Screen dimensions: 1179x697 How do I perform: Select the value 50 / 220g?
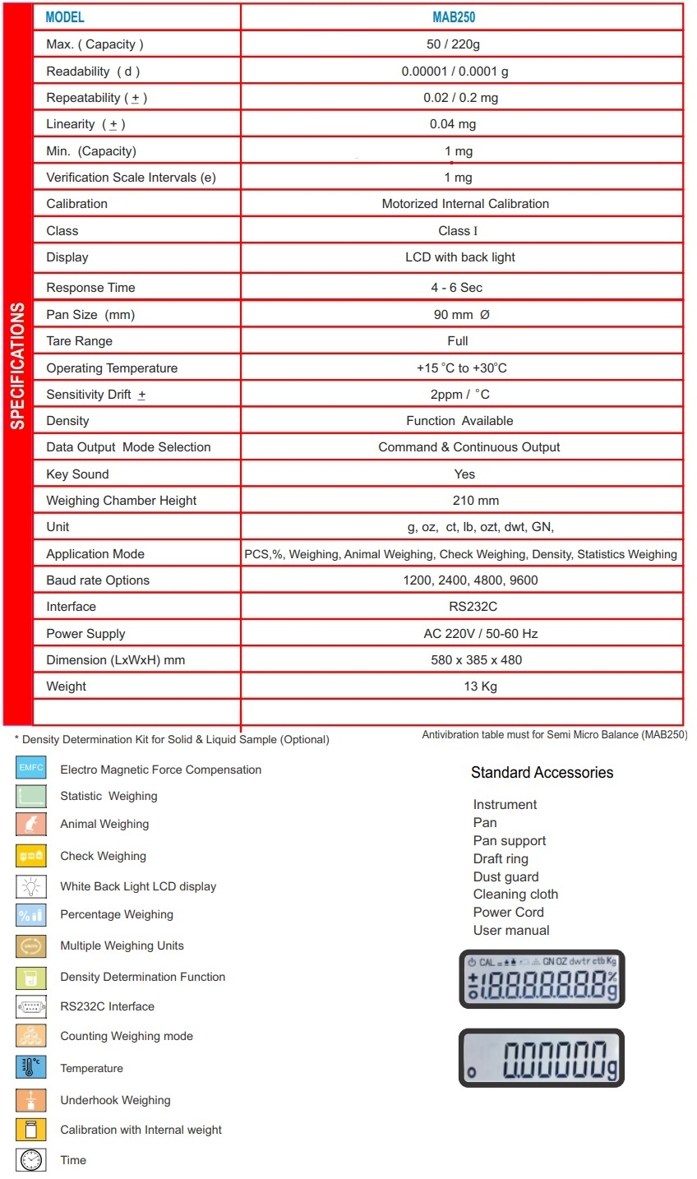pos(453,44)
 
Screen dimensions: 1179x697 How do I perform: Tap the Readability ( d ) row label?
pos(93,72)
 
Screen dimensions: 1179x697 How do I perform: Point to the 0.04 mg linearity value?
pos(453,124)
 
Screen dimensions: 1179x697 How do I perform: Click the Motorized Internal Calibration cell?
pos(465,204)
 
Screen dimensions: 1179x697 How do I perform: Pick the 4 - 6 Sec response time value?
pos(456,288)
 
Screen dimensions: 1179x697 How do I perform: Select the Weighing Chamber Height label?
pos(122,501)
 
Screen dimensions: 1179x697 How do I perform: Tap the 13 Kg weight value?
pos(480,687)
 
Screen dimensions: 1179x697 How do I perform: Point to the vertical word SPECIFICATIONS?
pos(17,366)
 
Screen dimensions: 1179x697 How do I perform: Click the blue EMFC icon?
pos(30,769)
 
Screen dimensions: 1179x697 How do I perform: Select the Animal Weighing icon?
pos(30,824)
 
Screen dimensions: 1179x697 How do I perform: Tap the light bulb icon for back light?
pos(30,886)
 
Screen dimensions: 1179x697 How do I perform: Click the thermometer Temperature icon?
pos(30,1068)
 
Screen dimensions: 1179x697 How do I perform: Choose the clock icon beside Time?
pos(30,1160)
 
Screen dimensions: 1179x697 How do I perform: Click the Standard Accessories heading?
pos(542,773)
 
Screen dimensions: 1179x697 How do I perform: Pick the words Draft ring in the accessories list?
pos(501,859)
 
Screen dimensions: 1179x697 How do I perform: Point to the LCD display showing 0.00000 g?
pos(541,1058)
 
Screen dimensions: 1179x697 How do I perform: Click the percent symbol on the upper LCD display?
pos(612,977)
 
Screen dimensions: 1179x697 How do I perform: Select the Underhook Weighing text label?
pos(115,1101)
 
